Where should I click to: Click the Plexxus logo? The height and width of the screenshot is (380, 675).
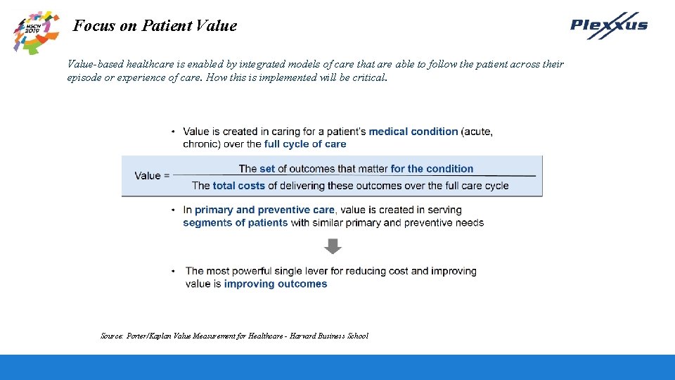pyautogui.click(x=608, y=25)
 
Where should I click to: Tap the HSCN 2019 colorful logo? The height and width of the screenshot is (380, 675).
pyautogui.click(x=35, y=31)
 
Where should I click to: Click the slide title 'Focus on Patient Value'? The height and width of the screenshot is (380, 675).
pyautogui.click(x=155, y=26)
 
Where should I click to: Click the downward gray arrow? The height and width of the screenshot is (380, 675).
pyautogui.click(x=333, y=246)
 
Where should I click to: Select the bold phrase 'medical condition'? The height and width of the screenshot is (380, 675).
pyautogui.click(x=413, y=132)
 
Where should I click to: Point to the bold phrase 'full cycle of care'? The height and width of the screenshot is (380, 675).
pyautogui.click(x=305, y=144)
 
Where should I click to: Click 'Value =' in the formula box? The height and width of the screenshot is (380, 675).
pyautogui.click(x=152, y=176)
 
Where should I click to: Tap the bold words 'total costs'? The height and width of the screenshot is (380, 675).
pyautogui.click(x=239, y=186)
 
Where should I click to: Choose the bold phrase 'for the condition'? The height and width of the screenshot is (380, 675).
pyautogui.click(x=432, y=169)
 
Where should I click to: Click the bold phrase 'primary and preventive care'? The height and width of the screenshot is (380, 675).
pyautogui.click(x=264, y=210)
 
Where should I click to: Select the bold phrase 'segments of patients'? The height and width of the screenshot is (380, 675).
pyautogui.click(x=236, y=223)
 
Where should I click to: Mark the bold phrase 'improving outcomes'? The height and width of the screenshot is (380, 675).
pyautogui.click(x=276, y=284)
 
